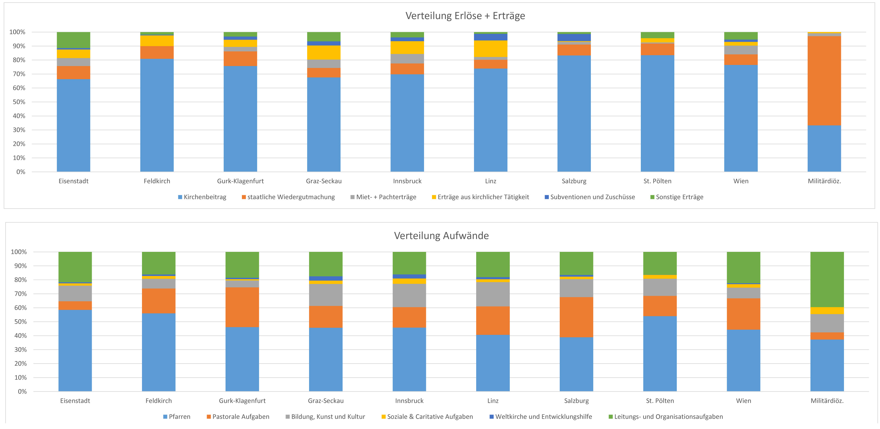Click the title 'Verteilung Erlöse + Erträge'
tap(465, 16)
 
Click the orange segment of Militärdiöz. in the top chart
tap(824, 81)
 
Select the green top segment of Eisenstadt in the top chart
tap(73, 40)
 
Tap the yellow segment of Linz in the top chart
tap(491, 49)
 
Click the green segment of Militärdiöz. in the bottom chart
tap(827, 279)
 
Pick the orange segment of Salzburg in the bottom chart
tap(576, 317)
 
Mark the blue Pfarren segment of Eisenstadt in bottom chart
tap(75, 350)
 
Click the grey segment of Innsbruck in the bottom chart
tap(409, 296)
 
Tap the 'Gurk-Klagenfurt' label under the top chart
tap(240, 181)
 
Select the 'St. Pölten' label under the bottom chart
tap(660, 401)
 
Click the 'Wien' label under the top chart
tap(741, 181)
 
